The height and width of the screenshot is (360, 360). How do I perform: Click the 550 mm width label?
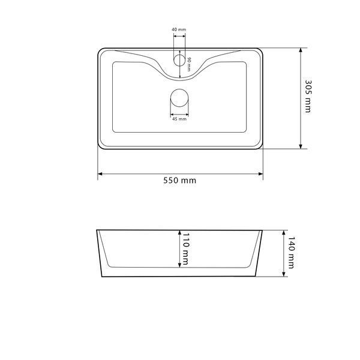(180, 181)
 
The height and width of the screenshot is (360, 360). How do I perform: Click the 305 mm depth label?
(308, 97)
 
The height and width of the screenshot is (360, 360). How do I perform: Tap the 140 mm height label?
(291, 253)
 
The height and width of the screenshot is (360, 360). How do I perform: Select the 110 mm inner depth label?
(185, 248)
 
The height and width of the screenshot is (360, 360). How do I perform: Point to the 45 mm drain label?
(179, 119)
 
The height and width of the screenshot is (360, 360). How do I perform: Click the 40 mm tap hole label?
(179, 29)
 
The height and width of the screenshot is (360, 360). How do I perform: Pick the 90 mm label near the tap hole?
(189, 64)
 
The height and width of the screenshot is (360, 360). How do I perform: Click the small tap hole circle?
(179, 61)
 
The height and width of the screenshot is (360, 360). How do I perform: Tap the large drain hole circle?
(179, 98)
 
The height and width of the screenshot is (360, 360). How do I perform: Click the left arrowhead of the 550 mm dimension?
(100, 174)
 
